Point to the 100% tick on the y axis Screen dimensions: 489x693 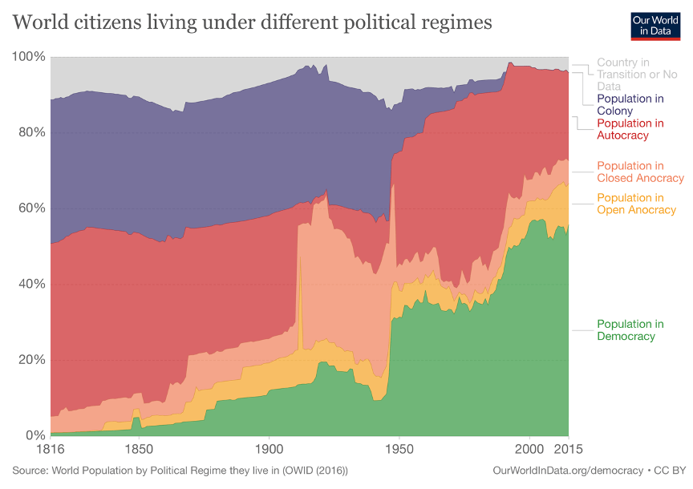tap(29, 57)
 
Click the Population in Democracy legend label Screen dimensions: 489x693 tap(630, 330)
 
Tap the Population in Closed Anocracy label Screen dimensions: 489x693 tap(640, 172)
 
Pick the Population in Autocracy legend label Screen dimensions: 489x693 tap(630, 129)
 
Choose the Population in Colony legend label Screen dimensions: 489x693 tap(630, 104)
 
